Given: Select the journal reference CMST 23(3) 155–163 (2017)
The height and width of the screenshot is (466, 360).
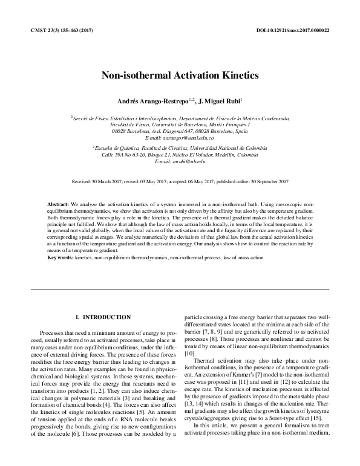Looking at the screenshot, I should [x=61, y=30].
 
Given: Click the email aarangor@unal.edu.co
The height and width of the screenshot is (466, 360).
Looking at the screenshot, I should [x=180, y=138].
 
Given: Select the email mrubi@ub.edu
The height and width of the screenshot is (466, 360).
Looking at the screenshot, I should [x=180, y=162].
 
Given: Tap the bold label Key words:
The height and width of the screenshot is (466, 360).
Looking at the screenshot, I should [x=60, y=257].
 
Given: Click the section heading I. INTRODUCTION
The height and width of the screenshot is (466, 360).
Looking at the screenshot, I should [x=102, y=317].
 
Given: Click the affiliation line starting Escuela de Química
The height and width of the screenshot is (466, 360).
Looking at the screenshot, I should [x=180, y=146].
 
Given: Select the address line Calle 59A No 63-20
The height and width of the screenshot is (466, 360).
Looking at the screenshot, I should [x=180, y=154].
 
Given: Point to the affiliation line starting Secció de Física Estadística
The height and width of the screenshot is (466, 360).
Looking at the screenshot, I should [x=180, y=118].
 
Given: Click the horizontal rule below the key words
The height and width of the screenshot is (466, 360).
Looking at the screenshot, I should [x=180, y=290].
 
